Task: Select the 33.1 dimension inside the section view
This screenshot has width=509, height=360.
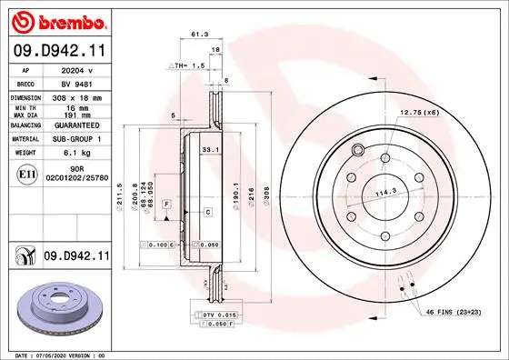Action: (207, 148)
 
